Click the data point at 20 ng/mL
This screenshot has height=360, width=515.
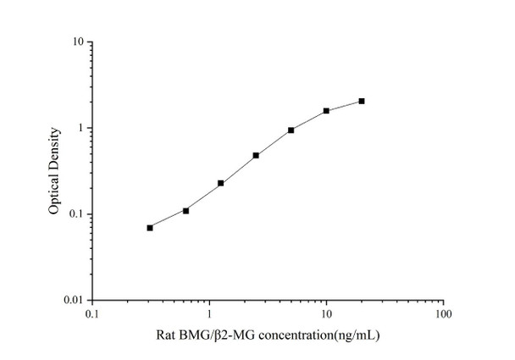click(x=362, y=101)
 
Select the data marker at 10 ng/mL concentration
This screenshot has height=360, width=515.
click(x=326, y=111)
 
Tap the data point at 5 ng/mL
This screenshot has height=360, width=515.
click(x=291, y=130)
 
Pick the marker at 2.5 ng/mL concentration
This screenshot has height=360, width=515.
click(x=256, y=156)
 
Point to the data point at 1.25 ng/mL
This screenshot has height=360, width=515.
click(x=221, y=183)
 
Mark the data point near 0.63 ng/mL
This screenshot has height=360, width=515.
click(x=186, y=210)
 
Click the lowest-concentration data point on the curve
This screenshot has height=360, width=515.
click(x=150, y=228)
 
